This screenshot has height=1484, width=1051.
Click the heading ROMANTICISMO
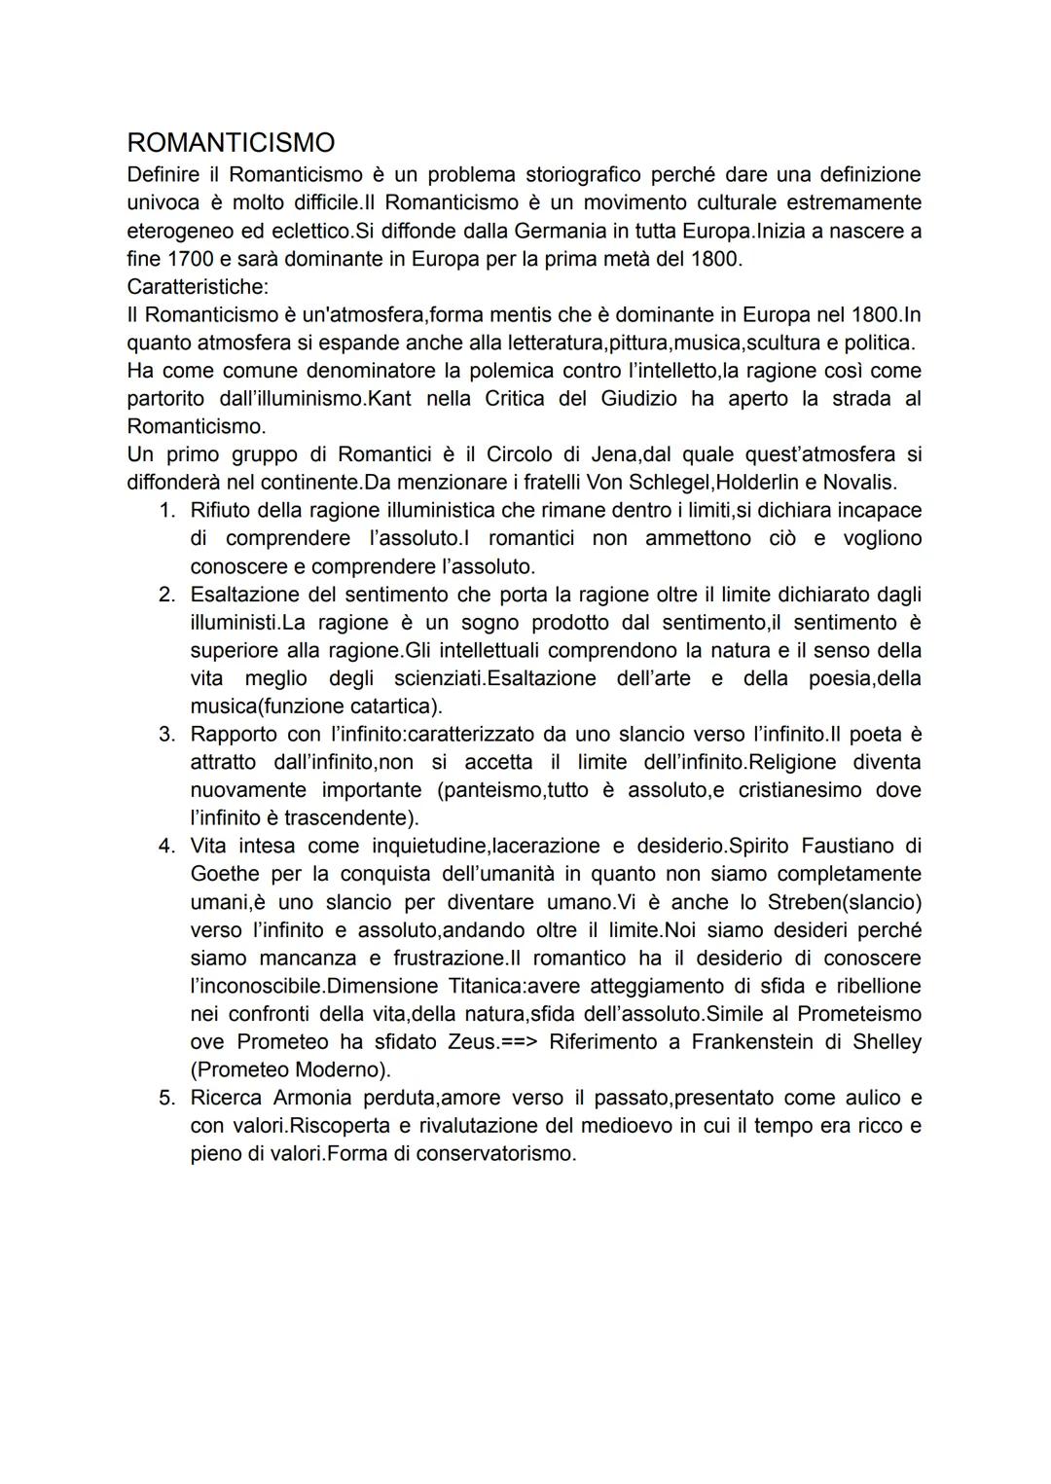click(x=231, y=143)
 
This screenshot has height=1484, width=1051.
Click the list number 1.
click(x=167, y=510)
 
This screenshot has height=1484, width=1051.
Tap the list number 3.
click(x=167, y=734)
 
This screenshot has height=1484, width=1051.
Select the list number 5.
click(x=167, y=1098)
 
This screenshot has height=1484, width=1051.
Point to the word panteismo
click(x=494, y=789)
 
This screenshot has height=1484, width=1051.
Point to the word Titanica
click(x=465, y=986)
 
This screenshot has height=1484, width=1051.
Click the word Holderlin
click(x=752, y=482)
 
